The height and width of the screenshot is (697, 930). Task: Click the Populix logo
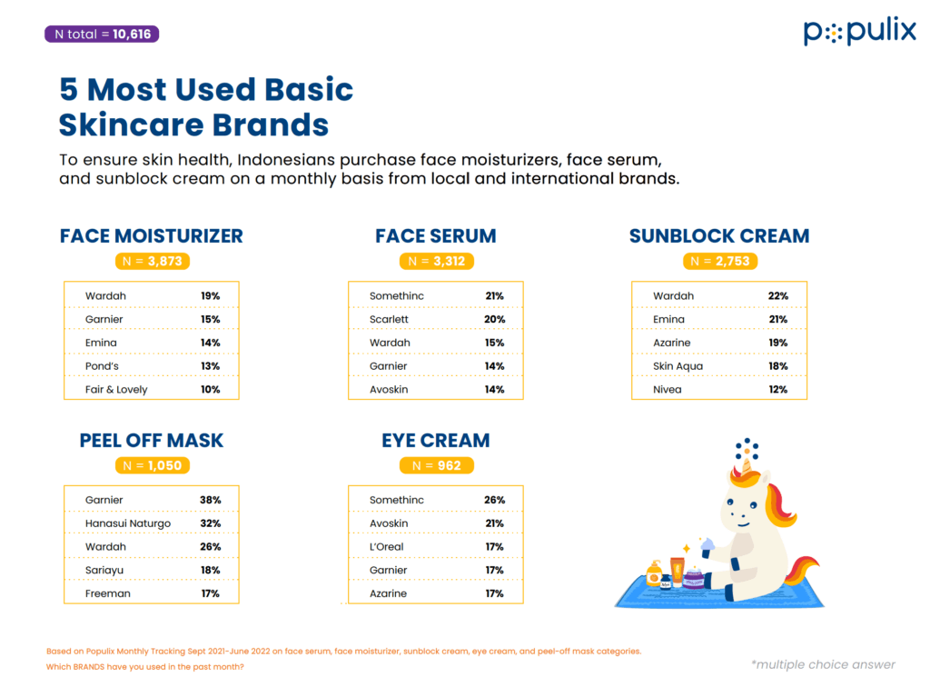click(859, 32)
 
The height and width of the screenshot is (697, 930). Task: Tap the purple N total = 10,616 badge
click(102, 34)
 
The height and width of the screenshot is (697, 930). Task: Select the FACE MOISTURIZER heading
click(152, 235)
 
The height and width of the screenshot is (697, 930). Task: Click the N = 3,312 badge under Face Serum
click(437, 261)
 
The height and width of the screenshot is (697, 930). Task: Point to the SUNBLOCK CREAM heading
click(719, 235)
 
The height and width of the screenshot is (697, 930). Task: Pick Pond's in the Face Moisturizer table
click(102, 365)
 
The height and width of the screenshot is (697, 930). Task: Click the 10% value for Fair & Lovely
click(210, 390)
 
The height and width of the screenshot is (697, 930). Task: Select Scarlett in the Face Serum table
click(389, 319)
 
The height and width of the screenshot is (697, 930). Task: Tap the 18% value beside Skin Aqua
click(778, 365)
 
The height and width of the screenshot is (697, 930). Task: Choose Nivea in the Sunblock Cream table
click(668, 390)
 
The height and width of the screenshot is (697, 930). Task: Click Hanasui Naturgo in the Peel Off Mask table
click(127, 523)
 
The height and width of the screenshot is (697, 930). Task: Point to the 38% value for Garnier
click(210, 500)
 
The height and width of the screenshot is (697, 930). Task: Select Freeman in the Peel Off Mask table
click(107, 593)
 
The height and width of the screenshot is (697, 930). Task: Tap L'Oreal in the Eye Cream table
click(386, 546)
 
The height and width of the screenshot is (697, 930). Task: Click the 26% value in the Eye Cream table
click(495, 500)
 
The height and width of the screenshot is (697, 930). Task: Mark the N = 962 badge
click(437, 465)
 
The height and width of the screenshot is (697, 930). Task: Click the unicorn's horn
click(747, 465)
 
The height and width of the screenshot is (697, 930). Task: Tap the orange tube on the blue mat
click(677, 571)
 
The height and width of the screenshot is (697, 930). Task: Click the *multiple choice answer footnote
click(823, 664)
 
